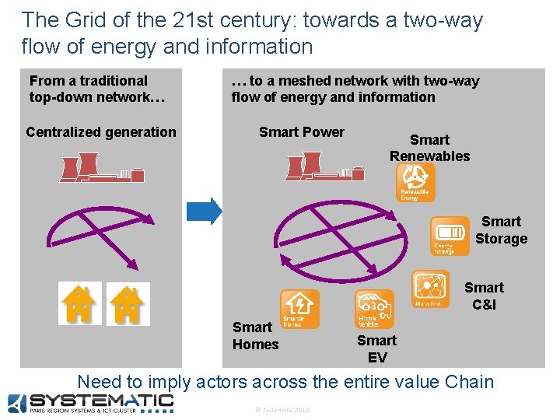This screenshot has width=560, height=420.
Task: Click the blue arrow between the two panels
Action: coord(205,210)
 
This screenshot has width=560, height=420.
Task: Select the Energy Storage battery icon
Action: coord(450,236)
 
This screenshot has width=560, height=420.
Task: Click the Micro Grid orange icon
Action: coord(430,289)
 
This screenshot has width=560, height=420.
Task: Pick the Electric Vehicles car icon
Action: coord(375,309)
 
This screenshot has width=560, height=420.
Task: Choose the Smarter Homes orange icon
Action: coord(299,308)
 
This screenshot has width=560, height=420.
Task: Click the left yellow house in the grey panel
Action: coord(79,303)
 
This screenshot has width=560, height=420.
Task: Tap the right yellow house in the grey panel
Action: coord(124,303)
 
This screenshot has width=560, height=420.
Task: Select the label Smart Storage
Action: coord(501,230)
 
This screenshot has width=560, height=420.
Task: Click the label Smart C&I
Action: coord(484,296)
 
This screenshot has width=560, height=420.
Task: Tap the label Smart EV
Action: coord(376,349)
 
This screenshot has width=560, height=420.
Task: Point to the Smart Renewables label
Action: coord(429,148)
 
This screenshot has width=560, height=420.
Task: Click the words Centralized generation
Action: coord(101,132)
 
